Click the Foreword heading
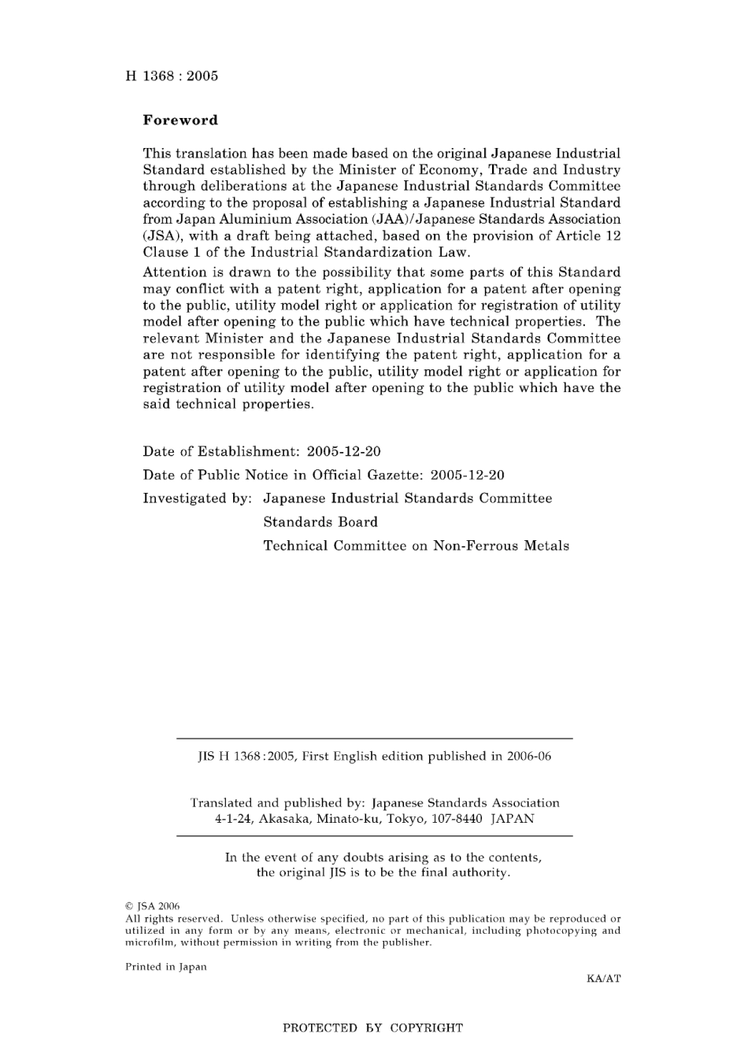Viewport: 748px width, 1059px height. point(180,120)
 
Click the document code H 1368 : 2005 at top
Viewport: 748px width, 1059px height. point(172,76)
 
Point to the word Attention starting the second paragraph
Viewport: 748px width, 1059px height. point(174,272)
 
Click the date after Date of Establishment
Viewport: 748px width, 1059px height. point(343,452)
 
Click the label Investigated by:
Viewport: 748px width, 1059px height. point(197,498)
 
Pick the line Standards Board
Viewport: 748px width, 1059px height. point(320,522)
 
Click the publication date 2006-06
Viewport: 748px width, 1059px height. point(529,757)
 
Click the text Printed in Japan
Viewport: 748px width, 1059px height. point(165,967)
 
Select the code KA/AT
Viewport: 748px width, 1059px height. point(603,979)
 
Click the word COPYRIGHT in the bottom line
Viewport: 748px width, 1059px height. point(426,1028)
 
